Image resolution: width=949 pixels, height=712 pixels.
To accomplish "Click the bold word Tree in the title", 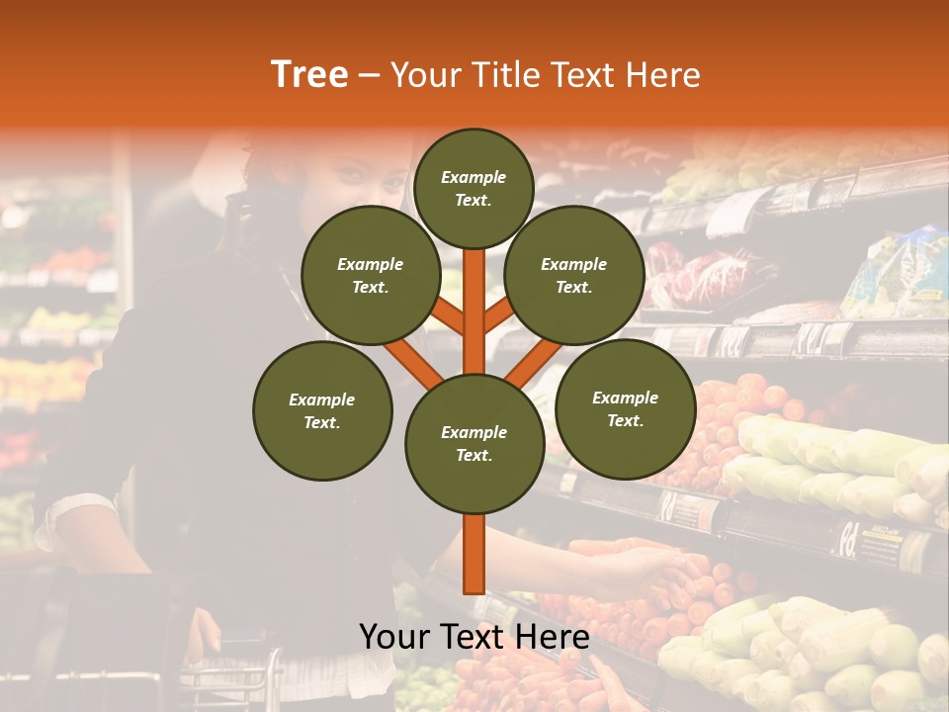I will tap(309, 75).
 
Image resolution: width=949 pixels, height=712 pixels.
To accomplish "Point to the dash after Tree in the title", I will tap(369, 76).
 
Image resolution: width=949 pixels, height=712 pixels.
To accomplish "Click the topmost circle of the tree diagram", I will tap(474, 188).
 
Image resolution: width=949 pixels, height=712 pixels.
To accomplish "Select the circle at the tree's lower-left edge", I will tap(322, 410).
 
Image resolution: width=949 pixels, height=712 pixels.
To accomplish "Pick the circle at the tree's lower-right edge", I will tap(625, 408).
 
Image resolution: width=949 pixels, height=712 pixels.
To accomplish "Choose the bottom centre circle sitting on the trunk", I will tap(474, 443).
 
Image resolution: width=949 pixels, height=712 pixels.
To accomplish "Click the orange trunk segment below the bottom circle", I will tap(474, 554).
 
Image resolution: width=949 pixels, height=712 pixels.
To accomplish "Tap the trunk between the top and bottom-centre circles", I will tap(474, 316).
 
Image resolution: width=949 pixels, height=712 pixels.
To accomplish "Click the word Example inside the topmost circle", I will tap(474, 177).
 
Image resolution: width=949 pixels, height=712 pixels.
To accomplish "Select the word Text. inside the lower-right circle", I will tap(625, 420).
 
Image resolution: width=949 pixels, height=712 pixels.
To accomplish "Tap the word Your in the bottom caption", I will tap(394, 637).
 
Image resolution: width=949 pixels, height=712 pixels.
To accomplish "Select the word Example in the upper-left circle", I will tap(370, 264).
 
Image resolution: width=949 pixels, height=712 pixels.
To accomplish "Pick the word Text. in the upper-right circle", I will tap(573, 287).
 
